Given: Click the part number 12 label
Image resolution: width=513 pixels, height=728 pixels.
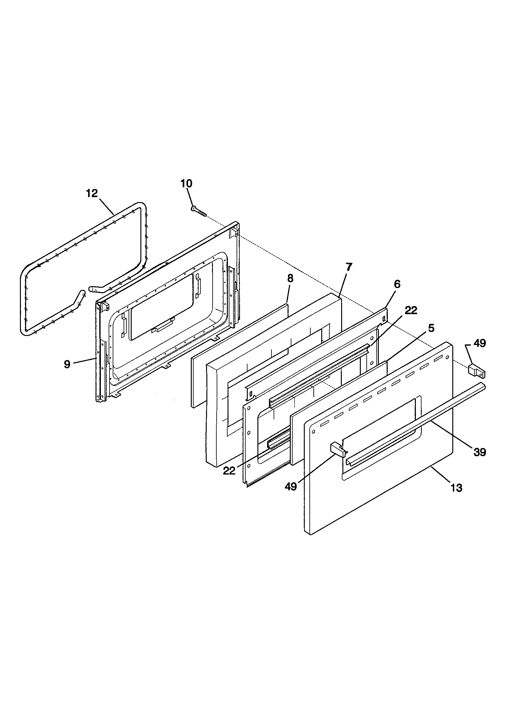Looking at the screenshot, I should coord(92,193).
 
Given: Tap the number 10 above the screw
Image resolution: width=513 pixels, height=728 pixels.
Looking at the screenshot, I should coord(186,183).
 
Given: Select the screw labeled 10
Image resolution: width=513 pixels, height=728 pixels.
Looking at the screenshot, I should coord(198,211).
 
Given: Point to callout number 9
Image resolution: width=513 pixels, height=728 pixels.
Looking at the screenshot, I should coord(67,364).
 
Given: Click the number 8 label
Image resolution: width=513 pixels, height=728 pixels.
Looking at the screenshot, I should coord(290,278).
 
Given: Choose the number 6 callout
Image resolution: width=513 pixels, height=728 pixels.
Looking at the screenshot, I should coord(397,284).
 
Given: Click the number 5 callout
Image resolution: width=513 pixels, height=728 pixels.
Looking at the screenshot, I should coord(431,328).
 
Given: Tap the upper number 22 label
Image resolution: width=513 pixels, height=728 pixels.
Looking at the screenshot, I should coord(411,310).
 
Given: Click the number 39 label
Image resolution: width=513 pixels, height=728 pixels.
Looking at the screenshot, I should coord(480,452).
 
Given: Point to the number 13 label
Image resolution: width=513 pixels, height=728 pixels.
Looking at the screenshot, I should coord(457,488).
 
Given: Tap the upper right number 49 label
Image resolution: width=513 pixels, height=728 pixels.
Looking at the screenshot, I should coord(479,343).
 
